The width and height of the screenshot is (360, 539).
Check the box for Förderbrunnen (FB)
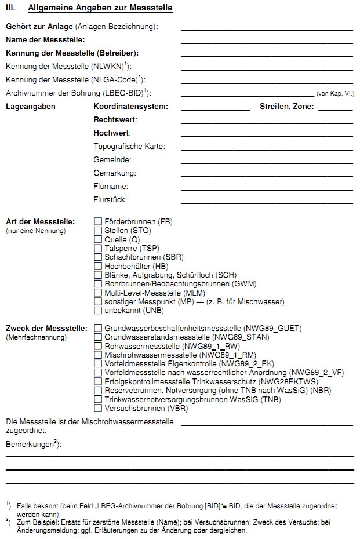pyautogui.click(x=98, y=222)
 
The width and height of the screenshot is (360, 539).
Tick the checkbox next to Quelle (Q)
pyautogui.click(x=98, y=239)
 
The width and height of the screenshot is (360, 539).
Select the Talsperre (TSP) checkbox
pyautogui.click(x=98, y=248)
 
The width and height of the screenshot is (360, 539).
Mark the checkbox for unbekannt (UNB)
pyautogui.click(x=98, y=311)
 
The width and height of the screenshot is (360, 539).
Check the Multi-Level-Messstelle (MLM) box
pyautogui.click(x=98, y=293)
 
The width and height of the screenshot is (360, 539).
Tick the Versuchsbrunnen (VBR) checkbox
pyautogui.click(x=98, y=408)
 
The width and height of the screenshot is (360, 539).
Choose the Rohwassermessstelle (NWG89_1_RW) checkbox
pyautogui.click(x=98, y=346)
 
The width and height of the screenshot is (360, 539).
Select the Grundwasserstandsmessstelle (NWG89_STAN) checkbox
pyautogui.click(x=98, y=337)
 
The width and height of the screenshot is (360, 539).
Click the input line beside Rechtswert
pyautogui.click(x=267, y=122)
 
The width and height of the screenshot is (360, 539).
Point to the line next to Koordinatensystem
pyautogui.click(x=215, y=109)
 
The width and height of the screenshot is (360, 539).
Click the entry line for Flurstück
pyautogui.click(x=267, y=202)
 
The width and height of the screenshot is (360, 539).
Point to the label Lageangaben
pyautogui.click(x=31, y=107)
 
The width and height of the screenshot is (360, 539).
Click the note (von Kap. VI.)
pyautogui.click(x=335, y=93)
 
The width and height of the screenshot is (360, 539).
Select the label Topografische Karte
pyautogui.click(x=129, y=147)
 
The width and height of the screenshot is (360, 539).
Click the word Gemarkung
pyautogui.click(x=115, y=173)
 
